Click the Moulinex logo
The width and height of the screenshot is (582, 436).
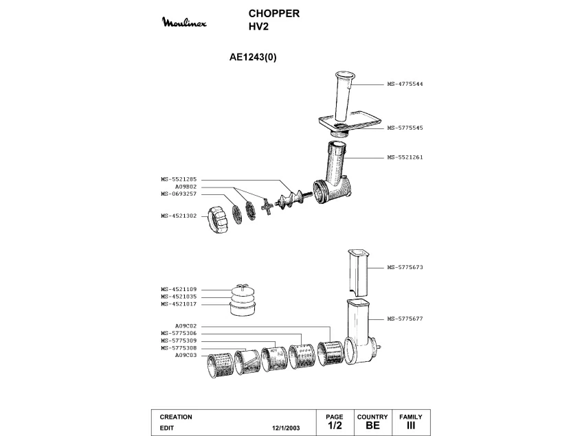[184, 22]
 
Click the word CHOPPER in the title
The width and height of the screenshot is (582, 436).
[274, 13]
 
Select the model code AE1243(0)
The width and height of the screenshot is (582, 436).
[253, 57]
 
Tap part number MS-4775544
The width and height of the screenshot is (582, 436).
[405, 84]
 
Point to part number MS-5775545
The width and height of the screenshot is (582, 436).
[405, 128]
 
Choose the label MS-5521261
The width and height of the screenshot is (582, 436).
[405, 157]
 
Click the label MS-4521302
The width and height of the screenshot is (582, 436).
[179, 216]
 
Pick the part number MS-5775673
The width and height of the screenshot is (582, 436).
[405, 267]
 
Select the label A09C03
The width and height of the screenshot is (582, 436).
[186, 355]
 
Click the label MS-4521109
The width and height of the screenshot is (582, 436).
[179, 289]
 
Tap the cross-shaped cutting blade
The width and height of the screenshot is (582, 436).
[267, 207]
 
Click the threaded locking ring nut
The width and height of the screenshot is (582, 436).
[218, 220]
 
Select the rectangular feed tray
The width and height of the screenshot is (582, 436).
[350, 123]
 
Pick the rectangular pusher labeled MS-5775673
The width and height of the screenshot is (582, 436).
[359, 273]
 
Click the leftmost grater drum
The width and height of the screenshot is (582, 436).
[220, 365]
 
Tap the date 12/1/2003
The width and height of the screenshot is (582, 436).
[286, 428]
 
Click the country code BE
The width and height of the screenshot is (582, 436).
[372, 426]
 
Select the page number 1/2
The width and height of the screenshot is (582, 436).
[335, 426]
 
